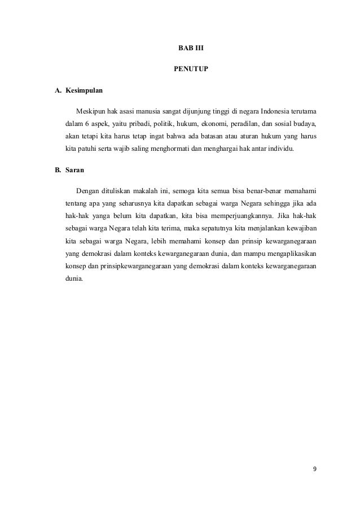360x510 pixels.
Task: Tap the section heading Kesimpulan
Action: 84,90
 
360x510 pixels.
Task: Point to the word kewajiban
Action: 298,229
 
